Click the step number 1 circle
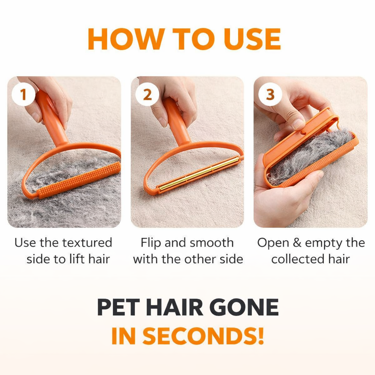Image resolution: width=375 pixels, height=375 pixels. coord(23,94)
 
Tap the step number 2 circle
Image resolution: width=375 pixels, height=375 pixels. coord(147,94)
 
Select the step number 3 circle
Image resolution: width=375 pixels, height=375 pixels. coord(270,94)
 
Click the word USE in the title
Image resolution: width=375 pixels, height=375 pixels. coord(252,39)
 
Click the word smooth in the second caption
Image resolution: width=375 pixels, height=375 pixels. coord(211,242)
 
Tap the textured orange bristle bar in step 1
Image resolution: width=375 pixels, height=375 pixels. coord(79,180)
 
